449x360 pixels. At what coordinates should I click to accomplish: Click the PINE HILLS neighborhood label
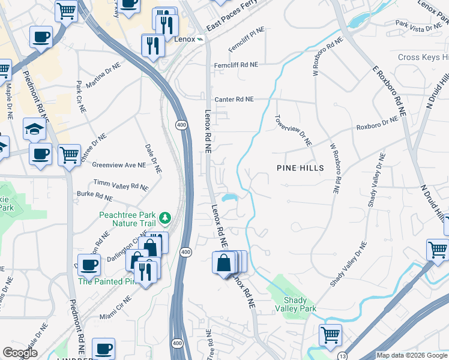[x=300, y=168]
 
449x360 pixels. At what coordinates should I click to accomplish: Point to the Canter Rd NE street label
[x=234, y=99]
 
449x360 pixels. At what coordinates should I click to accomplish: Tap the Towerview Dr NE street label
[x=294, y=131]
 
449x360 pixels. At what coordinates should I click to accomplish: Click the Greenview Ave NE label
[x=119, y=164]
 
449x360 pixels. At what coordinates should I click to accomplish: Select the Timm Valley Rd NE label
[x=121, y=184]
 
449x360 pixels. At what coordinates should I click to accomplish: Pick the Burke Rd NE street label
[x=95, y=196]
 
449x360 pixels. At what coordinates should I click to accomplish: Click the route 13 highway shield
[x=341, y=356]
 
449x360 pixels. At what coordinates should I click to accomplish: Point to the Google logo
[x=20, y=353]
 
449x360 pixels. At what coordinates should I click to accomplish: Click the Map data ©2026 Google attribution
[x=412, y=355]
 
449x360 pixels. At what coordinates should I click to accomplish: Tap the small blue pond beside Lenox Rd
[x=229, y=197]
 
